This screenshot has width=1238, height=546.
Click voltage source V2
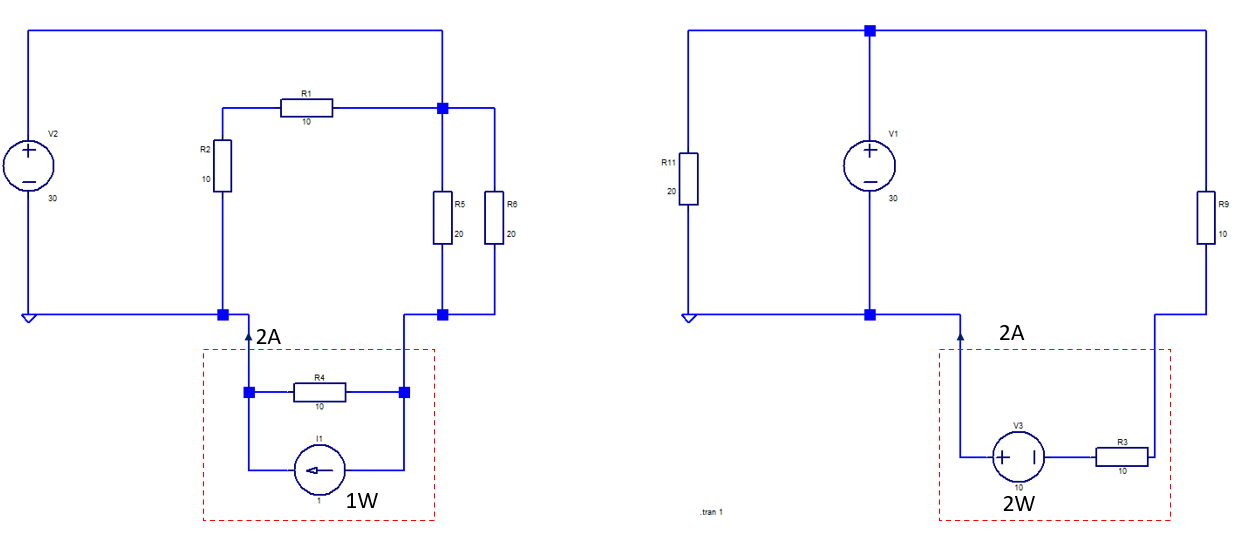(29, 166)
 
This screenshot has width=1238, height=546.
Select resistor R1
(307, 108)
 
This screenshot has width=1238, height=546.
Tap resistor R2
(223, 166)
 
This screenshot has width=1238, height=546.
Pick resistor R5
(443, 218)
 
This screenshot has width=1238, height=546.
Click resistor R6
(494, 218)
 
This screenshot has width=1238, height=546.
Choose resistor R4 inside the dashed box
(319, 392)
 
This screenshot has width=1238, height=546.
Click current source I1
(319, 470)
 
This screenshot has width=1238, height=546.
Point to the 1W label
(362, 501)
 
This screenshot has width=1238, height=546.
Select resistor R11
(689, 179)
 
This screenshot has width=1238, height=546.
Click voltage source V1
(869, 166)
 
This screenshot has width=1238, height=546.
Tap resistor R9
(1206, 218)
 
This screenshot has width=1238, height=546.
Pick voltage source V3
(1019, 457)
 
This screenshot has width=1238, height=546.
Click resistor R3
(1122, 457)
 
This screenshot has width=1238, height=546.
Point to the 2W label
(1019, 503)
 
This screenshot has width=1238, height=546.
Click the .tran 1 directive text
(711, 512)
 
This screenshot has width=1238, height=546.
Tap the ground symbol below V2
(29, 318)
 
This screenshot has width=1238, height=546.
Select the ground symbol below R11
(689, 318)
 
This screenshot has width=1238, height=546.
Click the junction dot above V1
(870, 31)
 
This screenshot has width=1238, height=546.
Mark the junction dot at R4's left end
(249, 392)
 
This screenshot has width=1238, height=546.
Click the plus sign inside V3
(1003, 458)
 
